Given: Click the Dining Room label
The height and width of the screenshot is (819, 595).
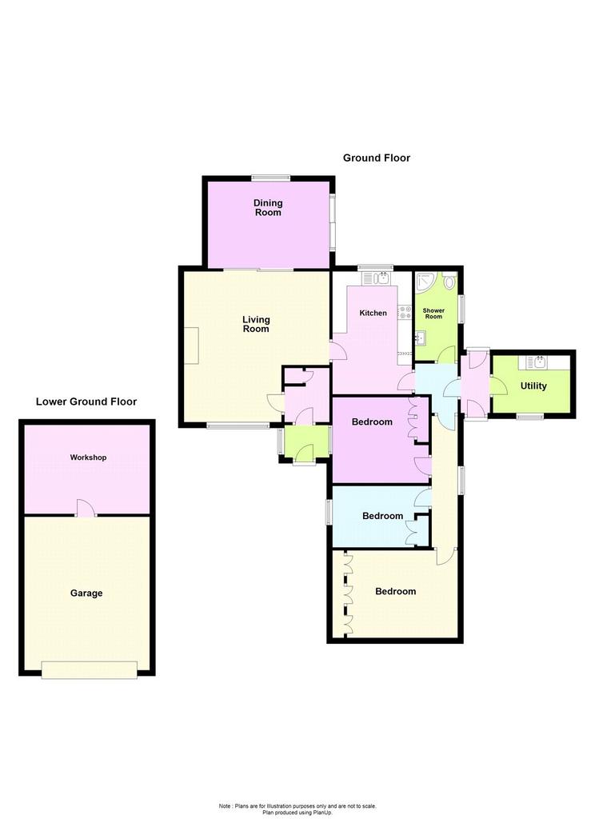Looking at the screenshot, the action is (x=268, y=207).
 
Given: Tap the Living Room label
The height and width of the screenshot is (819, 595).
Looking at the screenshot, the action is (x=256, y=324).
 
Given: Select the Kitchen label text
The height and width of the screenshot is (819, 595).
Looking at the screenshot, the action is (x=373, y=313).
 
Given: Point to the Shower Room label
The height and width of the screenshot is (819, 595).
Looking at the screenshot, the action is (x=433, y=314).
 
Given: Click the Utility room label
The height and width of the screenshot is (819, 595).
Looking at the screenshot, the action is (x=533, y=386).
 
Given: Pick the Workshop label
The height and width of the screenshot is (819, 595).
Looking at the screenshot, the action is (x=88, y=457).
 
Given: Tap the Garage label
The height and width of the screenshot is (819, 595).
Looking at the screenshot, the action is (x=86, y=593).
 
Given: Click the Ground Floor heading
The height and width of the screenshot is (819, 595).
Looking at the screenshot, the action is (x=376, y=158).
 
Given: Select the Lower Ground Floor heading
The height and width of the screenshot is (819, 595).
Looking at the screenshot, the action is (x=86, y=402).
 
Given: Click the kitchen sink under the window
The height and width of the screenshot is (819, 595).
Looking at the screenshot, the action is (x=376, y=278).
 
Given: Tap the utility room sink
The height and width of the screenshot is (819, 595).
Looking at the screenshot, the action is (x=537, y=362).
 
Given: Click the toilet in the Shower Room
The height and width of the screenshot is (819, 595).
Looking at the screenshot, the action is (x=449, y=281).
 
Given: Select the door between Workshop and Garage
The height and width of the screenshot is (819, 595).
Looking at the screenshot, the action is (x=86, y=508).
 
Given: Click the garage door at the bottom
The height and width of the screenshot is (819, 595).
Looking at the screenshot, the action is (x=90, y=669).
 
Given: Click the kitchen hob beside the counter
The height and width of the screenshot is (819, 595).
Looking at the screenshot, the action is (x=405, y=313).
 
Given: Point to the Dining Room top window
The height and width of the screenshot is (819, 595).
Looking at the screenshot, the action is (x=270, y=178).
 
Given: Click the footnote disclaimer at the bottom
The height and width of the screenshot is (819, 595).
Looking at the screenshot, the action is (x=297, y=809).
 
